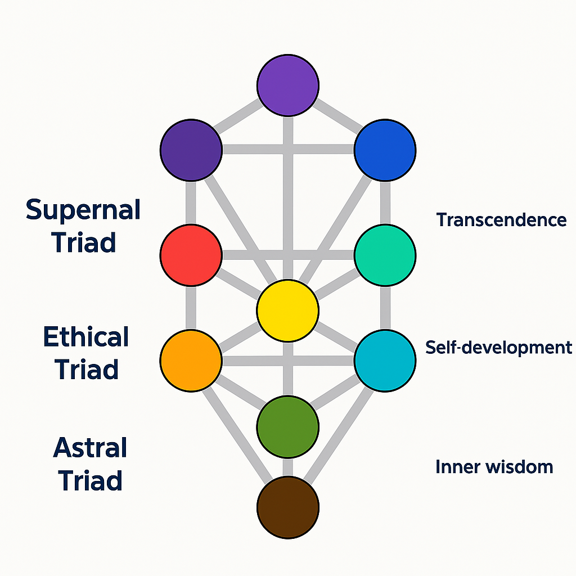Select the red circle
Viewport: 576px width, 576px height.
[191, 255]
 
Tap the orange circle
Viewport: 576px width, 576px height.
[191, 360]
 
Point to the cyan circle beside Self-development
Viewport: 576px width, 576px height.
[385, 360]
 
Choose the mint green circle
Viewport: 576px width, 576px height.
[385, 255]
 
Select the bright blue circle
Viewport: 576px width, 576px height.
[385, 150]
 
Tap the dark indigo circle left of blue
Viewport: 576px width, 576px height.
[191, 150]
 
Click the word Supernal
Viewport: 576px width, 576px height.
[83, 210]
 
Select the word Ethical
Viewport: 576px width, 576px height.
[86, 337]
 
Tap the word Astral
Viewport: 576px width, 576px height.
[90, 448]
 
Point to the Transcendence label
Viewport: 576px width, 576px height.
[501, 220]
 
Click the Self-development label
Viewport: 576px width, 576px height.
[498, 347]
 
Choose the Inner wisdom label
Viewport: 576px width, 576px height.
[494, 466]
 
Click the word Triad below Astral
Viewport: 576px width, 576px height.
[90, 481]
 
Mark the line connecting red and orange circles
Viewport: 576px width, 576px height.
[191, 308]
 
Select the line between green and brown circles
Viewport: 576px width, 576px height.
[287, 466]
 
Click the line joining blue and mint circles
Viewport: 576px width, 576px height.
[385, 202]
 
